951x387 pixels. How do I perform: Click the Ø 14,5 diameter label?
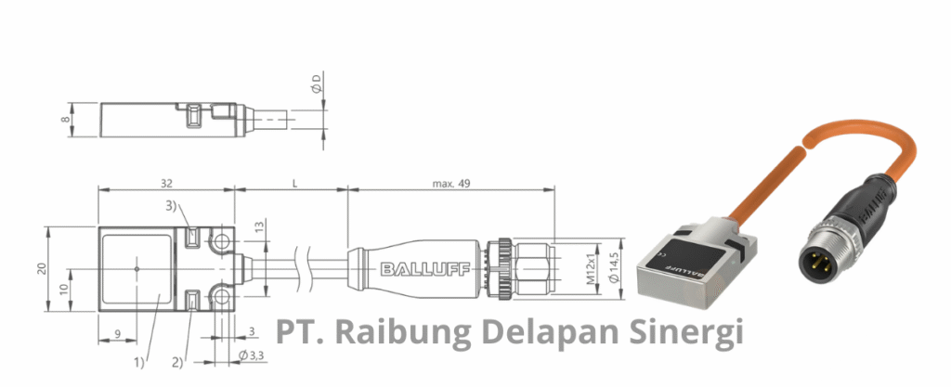click(612, 269)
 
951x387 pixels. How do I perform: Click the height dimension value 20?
click(41, 268)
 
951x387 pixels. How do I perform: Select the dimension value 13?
click(259, 226)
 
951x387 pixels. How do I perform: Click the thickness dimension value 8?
click(65, 119)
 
